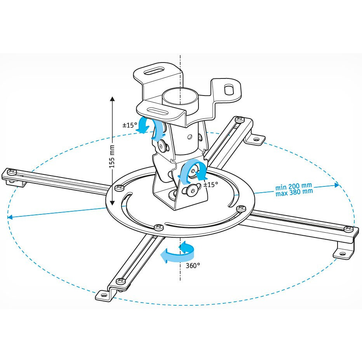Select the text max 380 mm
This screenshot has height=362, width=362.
tap(294, 192)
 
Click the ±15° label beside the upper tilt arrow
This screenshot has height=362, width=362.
tap(129, 125)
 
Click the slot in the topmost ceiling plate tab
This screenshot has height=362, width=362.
tap(155, 72)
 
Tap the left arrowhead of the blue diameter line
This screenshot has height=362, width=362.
tap(10, 218)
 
